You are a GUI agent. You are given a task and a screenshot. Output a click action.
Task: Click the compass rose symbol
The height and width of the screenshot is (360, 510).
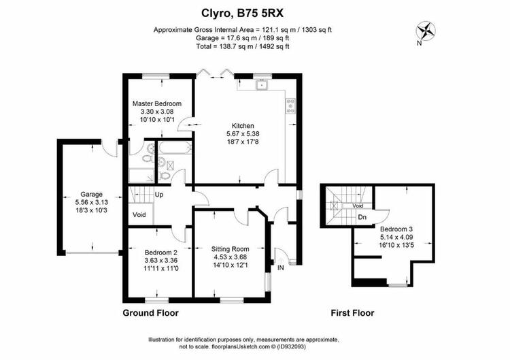tap(426, 31)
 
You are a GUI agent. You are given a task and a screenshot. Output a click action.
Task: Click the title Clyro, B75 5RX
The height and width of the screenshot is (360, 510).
tap(243, 14)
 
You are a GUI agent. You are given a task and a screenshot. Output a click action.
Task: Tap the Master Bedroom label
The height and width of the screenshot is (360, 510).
tap(157, 104)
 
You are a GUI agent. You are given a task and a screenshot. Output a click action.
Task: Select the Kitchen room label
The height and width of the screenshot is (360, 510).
tap(243, 126)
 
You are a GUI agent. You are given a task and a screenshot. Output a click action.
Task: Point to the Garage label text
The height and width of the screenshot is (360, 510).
tap(91, 195)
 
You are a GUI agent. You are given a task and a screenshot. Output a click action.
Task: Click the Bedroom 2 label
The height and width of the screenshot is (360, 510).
tap(161, 252)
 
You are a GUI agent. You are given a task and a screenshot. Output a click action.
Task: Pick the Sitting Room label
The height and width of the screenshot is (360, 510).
tap(231, 249)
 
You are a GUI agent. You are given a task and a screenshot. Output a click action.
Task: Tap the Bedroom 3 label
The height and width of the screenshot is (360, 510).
tap(396, 229)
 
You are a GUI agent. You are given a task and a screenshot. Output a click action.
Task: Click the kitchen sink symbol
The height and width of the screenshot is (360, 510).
tap(261, 85)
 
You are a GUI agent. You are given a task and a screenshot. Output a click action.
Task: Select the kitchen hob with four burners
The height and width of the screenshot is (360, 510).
tap(290, 106)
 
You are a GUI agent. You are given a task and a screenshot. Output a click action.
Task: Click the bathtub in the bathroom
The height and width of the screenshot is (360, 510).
tap(174, 148)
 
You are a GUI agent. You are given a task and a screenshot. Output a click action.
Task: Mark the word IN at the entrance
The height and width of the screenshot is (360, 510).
tap(281, 268)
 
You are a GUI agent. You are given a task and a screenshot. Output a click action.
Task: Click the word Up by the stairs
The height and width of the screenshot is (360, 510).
tap(159, 195)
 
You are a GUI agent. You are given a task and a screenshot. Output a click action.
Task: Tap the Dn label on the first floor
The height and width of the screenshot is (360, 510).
tap(362, 217)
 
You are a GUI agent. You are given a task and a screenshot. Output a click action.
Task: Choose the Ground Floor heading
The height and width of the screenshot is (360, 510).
tap(150, 313)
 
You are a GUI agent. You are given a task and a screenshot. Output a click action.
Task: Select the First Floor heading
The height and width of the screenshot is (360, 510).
tap(352, 313)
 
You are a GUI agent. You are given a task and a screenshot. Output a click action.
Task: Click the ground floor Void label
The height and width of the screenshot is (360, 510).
tap(139, 215)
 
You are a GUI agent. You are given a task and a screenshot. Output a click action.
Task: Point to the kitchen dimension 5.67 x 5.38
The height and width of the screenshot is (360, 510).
tap(243, 134)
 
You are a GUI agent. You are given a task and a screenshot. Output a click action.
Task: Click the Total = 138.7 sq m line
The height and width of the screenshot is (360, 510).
tap(243, 46)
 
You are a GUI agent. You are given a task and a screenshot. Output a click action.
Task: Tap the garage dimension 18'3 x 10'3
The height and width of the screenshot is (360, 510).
tap(91, 210)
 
